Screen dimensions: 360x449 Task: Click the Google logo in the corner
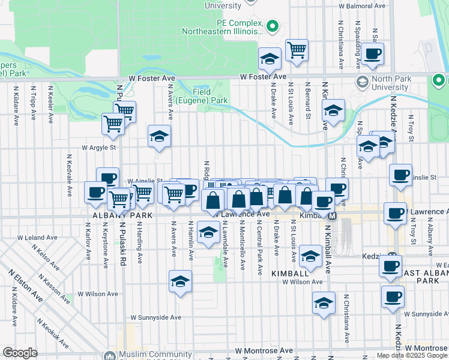pos(20,353)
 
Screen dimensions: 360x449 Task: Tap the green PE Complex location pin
pos(272,25)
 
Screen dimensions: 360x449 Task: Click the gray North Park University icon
pos(363,81)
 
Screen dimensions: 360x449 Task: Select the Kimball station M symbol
pos(332,215)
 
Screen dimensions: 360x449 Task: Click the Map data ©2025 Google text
pos(412,355)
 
